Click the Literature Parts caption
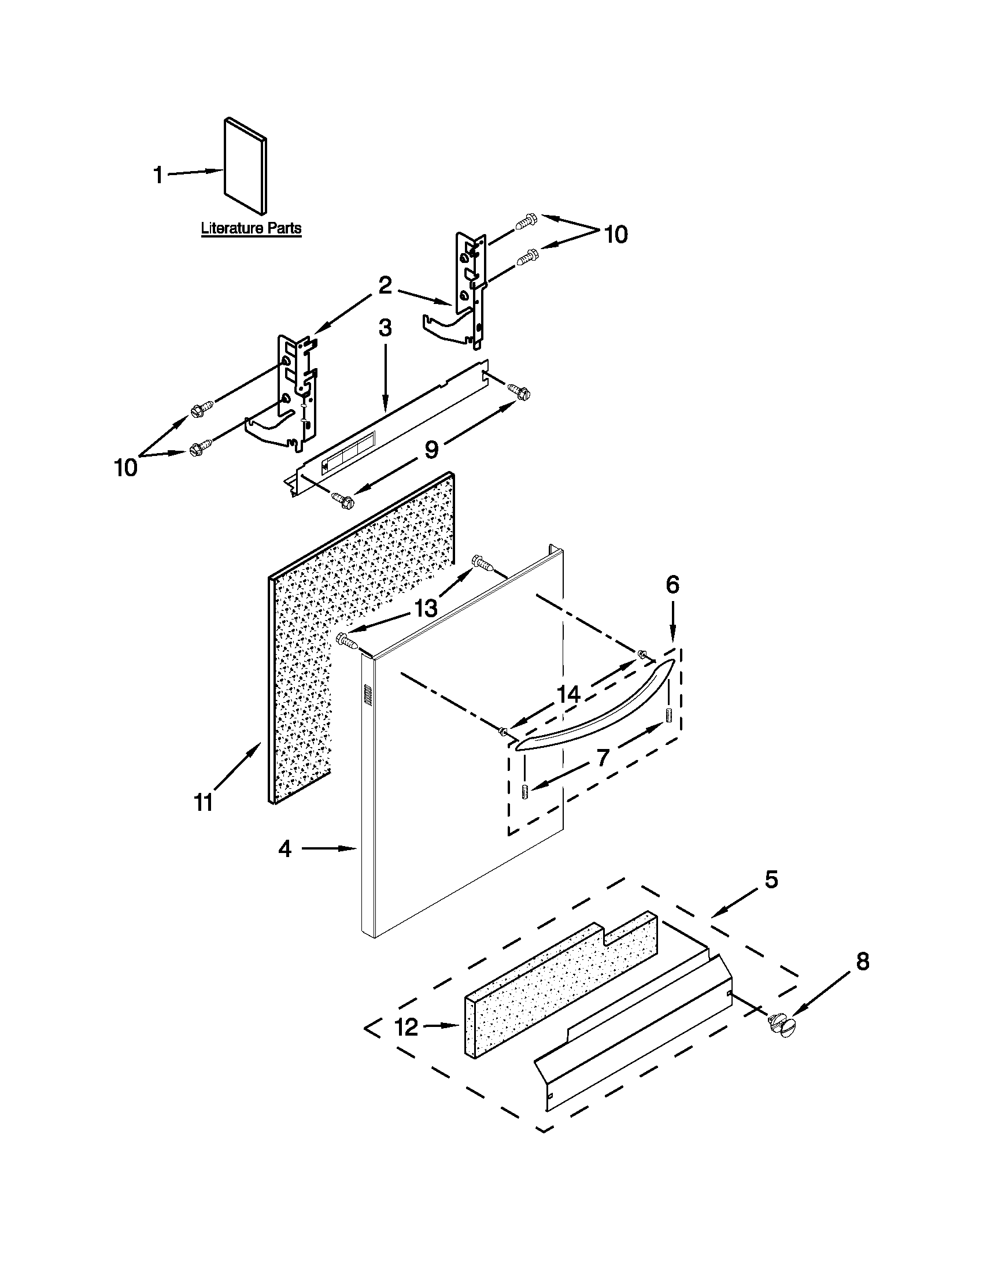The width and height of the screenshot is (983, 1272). pos(251,228)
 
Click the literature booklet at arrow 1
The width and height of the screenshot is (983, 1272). pos(245,165)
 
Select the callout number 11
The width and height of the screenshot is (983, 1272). pos(204,803)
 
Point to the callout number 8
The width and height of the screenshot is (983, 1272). pos(863,962)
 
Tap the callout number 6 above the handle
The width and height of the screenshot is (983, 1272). pos(672,584)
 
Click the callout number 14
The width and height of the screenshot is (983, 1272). pos(569,694)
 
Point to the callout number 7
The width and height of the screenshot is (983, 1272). pos(603,757)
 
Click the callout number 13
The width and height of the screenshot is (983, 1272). pos(426,609)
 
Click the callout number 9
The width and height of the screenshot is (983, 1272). pos(431,450)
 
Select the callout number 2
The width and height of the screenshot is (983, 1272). pos(385,285)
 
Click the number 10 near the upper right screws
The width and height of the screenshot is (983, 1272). pos(616,235)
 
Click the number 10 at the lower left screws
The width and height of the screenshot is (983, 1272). pos(126,468)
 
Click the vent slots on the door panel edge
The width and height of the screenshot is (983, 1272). pos(368,695)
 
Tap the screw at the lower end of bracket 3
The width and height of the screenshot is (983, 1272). pos(344,498)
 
